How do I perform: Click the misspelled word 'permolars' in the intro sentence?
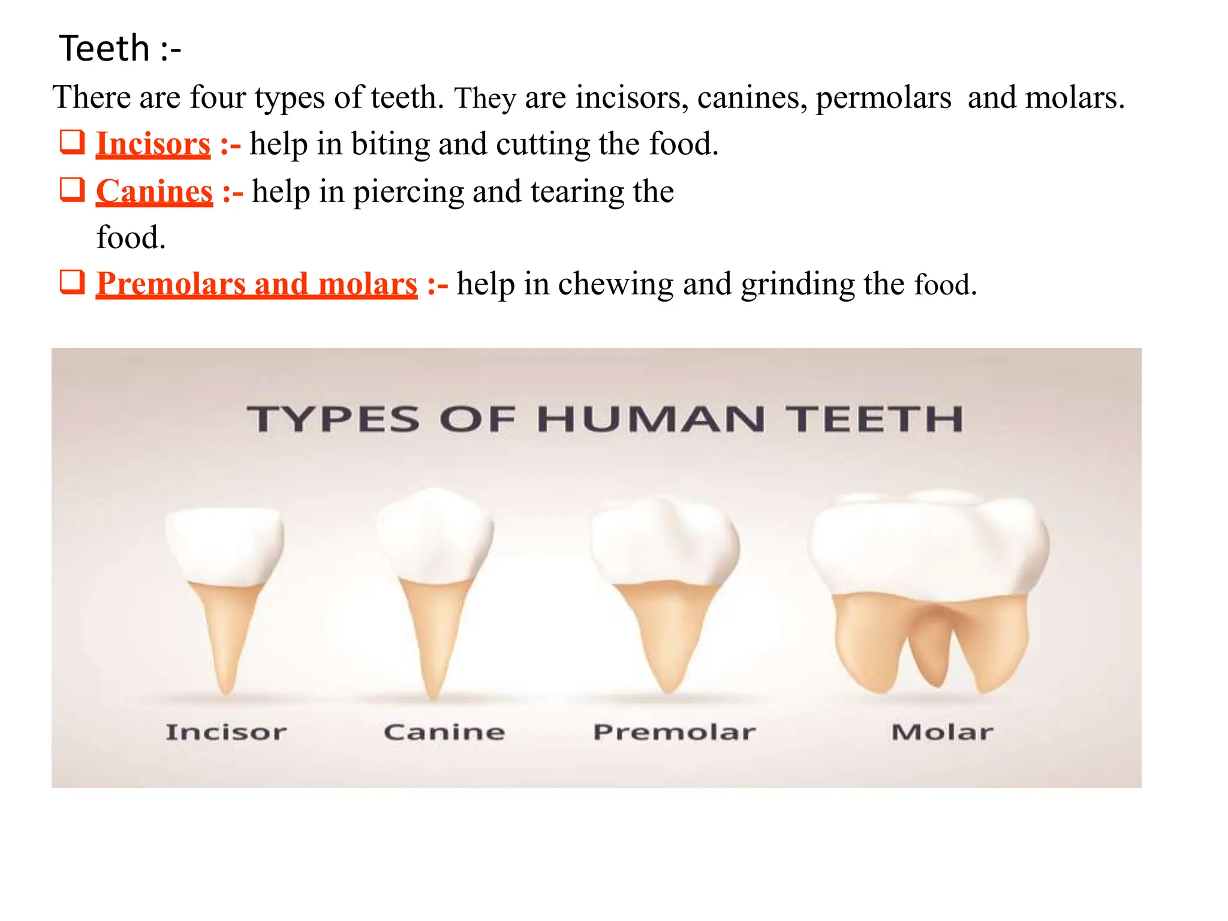(x=883, y=98)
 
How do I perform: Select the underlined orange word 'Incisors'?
(x=153, y=145)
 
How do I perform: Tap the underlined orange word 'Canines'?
(x=154, y=192)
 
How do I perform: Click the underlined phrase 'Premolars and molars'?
(x=256, y=284)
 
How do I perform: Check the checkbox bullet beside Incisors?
(x=72, y=142)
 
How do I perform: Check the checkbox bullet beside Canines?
(x=72, y=189)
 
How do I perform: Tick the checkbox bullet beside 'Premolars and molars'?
(x=72, y=282)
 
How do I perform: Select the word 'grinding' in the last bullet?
(x=797, y=284)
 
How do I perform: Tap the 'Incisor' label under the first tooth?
(x=226, y=732)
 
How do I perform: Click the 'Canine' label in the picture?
(x=444, y=732)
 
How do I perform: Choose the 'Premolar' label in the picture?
(x=675, y=732)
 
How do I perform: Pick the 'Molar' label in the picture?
(x=942, y=732)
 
